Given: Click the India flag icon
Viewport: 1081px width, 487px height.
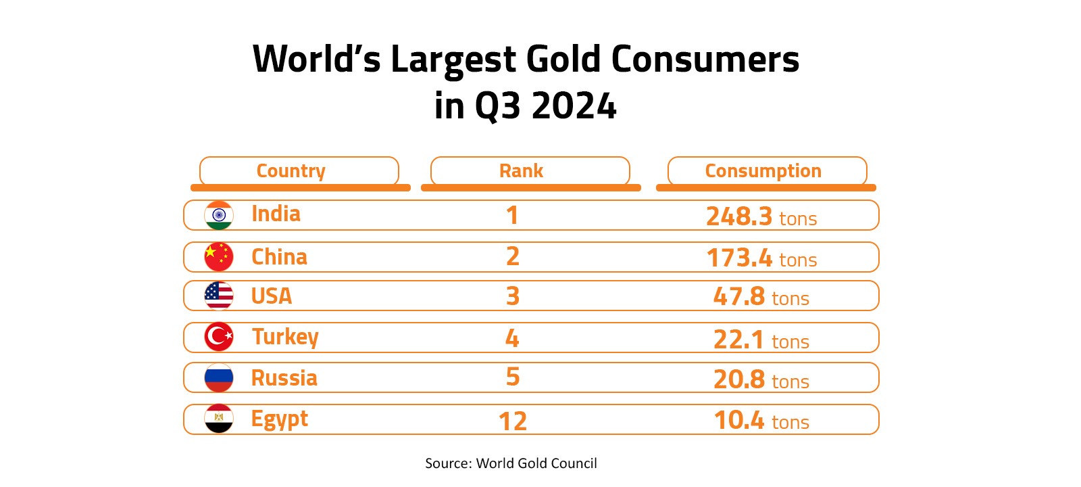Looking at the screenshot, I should coord(219,216).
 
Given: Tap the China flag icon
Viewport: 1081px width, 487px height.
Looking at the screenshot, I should coord(219,257).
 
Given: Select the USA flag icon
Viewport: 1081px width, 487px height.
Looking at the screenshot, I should coord(219,296).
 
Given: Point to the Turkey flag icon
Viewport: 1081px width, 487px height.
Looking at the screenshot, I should coord(219,337).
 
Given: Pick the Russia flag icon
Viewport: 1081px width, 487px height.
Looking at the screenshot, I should coord(219,378).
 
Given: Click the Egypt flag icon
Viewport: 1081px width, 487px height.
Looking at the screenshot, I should coord(219,419).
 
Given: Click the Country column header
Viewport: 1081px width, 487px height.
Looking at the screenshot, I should coord(291,170).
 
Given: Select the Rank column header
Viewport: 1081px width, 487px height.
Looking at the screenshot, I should coord(521,170).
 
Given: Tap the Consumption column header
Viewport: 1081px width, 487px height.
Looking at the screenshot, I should coord(763,170).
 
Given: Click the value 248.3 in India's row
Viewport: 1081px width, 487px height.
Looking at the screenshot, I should coord(739,216).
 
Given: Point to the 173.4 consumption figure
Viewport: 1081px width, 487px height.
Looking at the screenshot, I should coord(739,258).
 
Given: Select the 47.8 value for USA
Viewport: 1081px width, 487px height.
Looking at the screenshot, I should coord(739,296).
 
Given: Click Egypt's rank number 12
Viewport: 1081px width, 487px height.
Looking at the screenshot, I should coord(512,421).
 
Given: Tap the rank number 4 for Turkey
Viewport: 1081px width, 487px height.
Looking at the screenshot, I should coord(512,338).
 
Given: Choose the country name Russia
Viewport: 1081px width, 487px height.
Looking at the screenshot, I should coord(284,378).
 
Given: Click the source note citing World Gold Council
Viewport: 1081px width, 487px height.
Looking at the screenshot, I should coord(511,463).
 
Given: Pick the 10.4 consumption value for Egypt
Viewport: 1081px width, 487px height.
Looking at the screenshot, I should coord(739,420).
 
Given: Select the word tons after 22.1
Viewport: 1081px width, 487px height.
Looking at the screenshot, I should coord(790,342).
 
